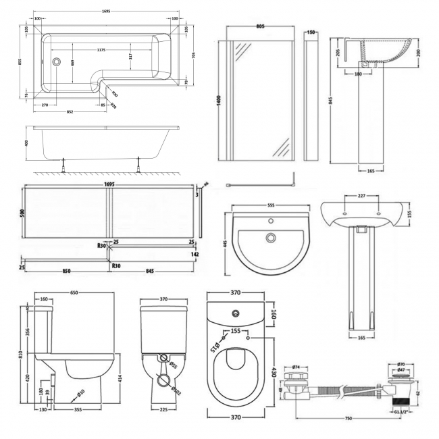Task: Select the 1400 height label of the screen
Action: (x=219, y=98)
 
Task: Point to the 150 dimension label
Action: (x=311, y=32)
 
